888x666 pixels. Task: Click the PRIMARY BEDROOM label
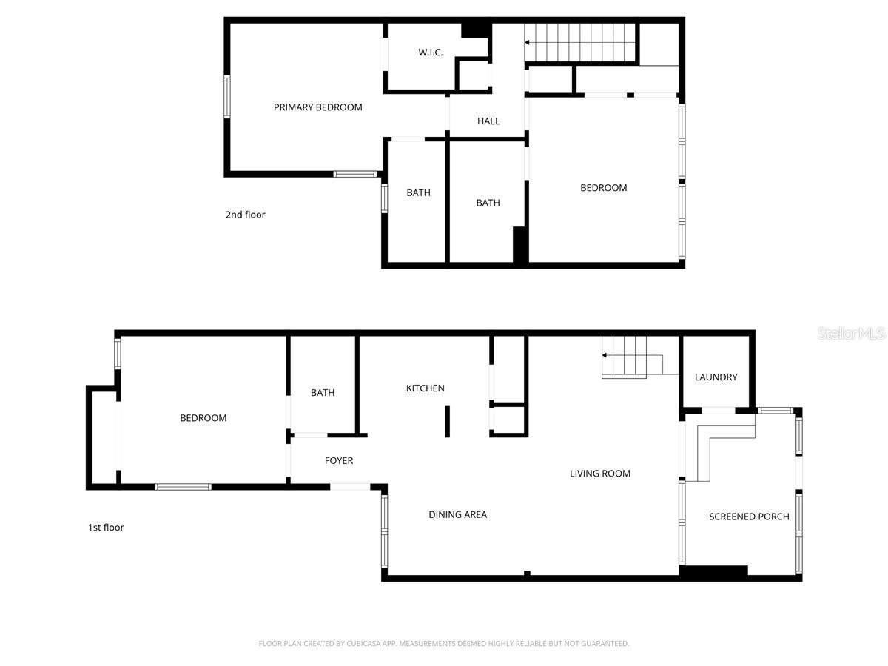pos(317,107)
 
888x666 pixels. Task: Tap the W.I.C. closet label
pos(431,52)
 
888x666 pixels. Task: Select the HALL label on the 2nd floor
pos(488,121)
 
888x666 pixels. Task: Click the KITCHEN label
pos(425,388)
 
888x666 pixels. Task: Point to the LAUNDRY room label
pos(716,377)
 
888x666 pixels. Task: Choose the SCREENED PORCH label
pos(749,517)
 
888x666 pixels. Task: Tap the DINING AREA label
pos(457,514)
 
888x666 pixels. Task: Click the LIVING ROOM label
pos(599,474)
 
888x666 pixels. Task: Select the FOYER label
pos(339,461)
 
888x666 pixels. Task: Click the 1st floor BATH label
pos(323,393)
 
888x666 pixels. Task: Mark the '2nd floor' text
pos(245,215)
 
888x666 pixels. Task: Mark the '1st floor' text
pos(106,528)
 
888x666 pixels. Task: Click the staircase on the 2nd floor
pos(581,43)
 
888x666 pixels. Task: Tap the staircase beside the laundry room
pos(625,356)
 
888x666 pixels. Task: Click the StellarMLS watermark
pos(851,334)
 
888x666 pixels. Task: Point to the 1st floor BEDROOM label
pos(203,418)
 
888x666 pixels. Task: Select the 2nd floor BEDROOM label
pos(603,188)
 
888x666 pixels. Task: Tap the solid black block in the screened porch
pos(713,571)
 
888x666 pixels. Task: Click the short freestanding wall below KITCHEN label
pos(447,421)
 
